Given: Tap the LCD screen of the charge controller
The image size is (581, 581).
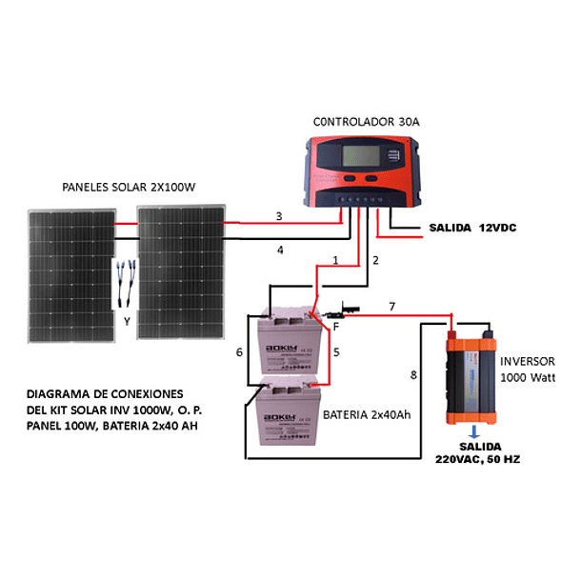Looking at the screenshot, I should click(363, 157).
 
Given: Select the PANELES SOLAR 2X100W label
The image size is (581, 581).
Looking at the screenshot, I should click(128, 187).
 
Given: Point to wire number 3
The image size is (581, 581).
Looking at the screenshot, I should click(278, 217).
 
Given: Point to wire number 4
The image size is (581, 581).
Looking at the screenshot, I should click(280, 250).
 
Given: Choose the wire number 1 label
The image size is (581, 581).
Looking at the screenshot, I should click(335, 260).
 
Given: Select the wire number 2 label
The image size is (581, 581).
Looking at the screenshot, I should click(375, 260).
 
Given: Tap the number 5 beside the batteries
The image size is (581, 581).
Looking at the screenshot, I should click(335, 351).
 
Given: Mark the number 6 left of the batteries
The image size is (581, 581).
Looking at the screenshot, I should click(240, 352).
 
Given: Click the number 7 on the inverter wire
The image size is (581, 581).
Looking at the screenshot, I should click(390, 306).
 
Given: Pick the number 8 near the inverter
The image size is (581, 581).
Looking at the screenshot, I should click(413, 375).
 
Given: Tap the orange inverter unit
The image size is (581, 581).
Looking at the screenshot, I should click(472, 376).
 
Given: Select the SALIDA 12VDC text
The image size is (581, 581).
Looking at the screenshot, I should click(472, 228).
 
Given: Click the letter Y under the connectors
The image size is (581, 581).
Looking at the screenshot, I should click(127, 321).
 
